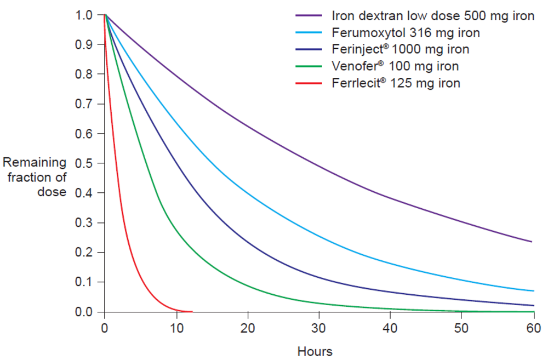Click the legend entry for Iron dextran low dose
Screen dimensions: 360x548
pos(432,16)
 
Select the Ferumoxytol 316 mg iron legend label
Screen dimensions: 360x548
pos(406,33)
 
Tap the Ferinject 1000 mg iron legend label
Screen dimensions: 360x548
pos(400,49)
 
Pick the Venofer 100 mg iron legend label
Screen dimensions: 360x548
pos(395,66)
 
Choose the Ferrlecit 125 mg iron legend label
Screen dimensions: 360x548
pos(396,83)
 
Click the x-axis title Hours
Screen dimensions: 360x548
pos(315,351)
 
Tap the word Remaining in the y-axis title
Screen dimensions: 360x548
pos(35,163)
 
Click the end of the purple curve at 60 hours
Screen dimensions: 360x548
pos(532,242)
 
